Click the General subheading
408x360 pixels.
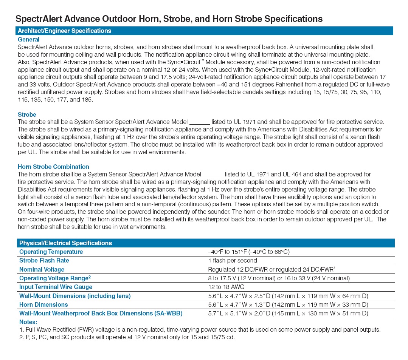(28, 39)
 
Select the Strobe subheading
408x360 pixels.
(27, 114)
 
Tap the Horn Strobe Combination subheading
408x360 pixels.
(53, 167)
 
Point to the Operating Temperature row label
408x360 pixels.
(51, 252)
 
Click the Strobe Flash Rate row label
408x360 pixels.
(44, 260)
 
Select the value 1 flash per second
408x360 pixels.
(232, 260)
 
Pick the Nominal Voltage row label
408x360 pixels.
(42, 269)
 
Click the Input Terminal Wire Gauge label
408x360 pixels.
(56, 287)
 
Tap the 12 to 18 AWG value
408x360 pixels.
(226, 287)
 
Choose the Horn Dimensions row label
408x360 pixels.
(43, 304)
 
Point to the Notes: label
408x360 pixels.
(28, 322)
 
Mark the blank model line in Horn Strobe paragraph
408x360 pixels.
(213, 175)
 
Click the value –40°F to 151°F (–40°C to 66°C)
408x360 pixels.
(248, 252)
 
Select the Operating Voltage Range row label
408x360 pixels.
(55, 278)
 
